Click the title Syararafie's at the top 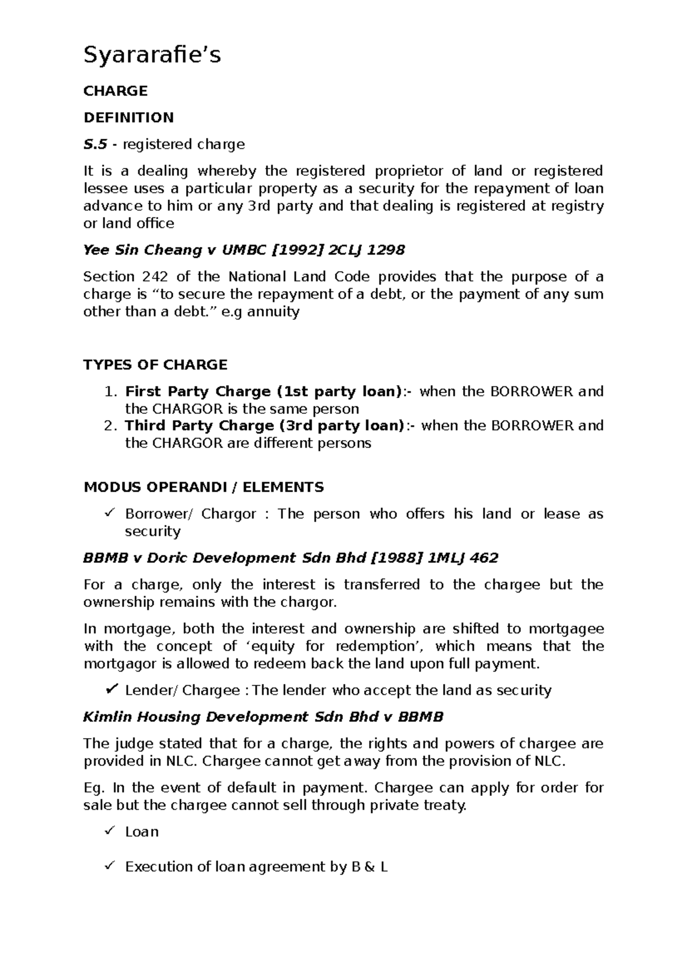pos(152,56)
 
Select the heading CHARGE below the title pos(116,91)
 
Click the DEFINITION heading pos(128,117)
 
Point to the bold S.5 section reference pos(95,144)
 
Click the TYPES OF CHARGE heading pos(155,365)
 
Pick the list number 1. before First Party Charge pos(111,392)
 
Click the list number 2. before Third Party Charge pos(111,426)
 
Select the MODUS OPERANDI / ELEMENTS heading pos(203,488)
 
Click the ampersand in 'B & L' pos(369,868)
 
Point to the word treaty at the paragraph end pos(447,806)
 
